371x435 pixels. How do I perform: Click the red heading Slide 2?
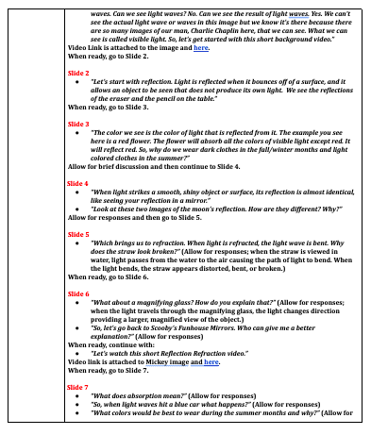point(79,72)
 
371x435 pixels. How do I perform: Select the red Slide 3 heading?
point(79,124)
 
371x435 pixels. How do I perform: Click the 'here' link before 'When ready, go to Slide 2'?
point(200,46)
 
